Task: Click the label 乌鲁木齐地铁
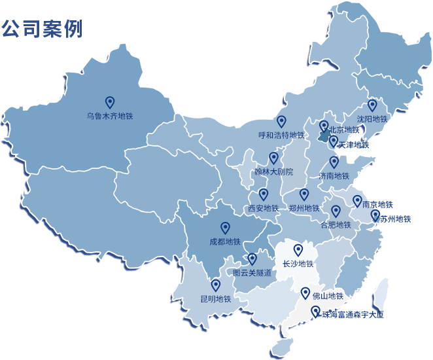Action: (109, 117)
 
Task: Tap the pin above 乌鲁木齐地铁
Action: (110, 101)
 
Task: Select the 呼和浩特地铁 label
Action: (281, 135)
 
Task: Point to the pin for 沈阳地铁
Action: (372, 105)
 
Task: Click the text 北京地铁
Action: (344, 130)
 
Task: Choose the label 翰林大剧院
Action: (273, 172)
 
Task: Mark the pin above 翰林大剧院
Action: (273, 158)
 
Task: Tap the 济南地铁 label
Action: (334, 176)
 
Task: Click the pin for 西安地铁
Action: (264, 194)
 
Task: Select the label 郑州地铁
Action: (304, 209)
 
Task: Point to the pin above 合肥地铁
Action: (336, 211)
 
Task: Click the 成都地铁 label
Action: (225, 242)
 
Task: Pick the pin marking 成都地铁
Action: (225, 227)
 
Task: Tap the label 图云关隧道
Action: (252, 273)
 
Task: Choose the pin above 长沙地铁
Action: (298, 249)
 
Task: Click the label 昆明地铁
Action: (216, 299)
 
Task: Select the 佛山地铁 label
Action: (328, 295)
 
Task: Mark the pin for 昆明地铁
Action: (216, 285)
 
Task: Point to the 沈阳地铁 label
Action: (372, 120)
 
